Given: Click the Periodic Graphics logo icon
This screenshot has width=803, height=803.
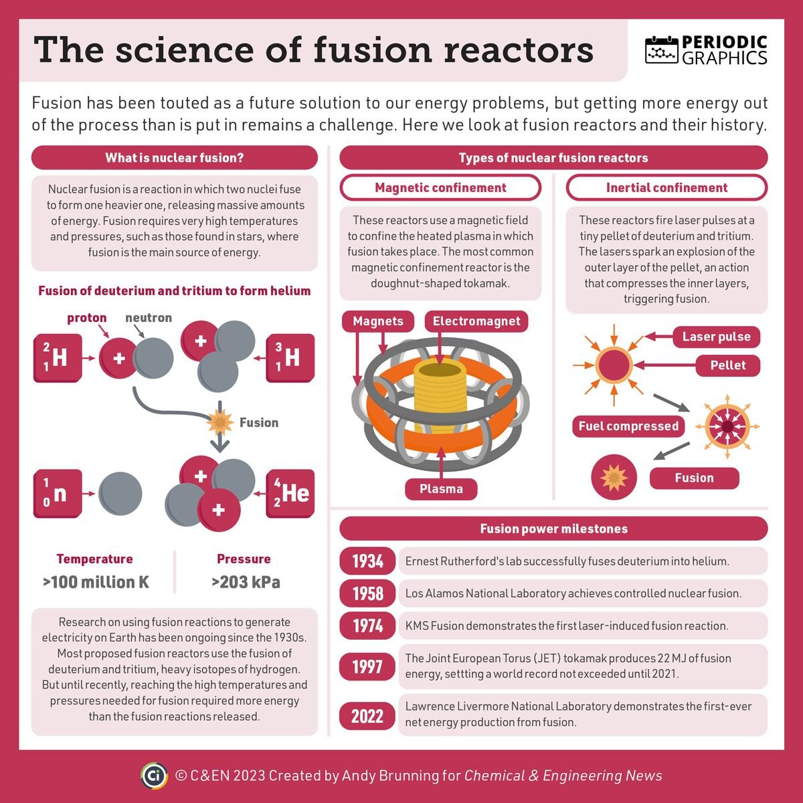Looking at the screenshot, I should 662,50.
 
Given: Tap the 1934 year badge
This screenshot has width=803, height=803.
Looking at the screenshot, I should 367,561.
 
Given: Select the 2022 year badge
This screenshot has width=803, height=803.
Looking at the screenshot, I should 367,716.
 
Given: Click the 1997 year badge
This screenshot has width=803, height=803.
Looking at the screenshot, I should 367,666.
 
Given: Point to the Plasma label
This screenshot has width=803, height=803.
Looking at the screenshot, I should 441,489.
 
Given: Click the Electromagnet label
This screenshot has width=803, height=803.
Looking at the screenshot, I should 476,321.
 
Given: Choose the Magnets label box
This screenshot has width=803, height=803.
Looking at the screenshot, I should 378,321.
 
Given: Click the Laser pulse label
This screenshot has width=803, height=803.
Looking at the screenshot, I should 716,337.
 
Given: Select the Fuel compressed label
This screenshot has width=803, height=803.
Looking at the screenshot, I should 628,426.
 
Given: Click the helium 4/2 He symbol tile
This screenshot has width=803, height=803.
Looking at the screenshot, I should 290,494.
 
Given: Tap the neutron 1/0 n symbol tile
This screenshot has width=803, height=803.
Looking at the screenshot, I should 58,494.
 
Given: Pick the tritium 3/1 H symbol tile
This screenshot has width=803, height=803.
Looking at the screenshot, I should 290,357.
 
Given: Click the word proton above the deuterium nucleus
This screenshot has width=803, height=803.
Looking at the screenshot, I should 87,318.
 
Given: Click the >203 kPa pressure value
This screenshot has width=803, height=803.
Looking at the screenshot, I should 246,582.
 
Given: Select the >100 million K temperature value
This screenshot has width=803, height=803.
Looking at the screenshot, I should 96,582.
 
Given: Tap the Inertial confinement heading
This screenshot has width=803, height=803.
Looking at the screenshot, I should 666,188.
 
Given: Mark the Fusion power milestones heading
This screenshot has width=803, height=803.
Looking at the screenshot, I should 553,529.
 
